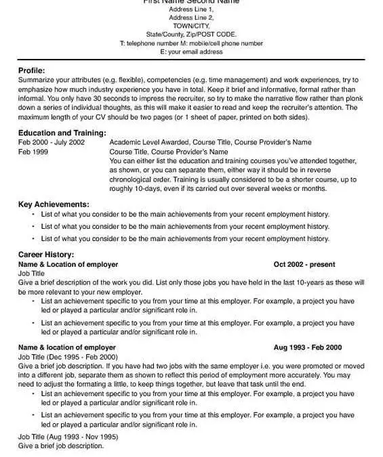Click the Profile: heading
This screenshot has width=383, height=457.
click(x=32, y=70)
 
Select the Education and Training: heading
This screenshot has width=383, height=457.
click(x=62, y=133)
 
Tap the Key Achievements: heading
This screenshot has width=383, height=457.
click(x=54, y=204)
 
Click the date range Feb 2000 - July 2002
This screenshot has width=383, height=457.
click(x=52, y=143)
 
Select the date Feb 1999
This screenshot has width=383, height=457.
click(x=34, y=152)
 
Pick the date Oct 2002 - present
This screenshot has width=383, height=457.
click(x=304, y=264)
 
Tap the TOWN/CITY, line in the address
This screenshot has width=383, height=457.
click(x=191, y=25)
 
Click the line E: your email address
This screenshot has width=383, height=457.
click(x=191, y=51)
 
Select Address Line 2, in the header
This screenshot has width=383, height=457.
click(x=191, y=17)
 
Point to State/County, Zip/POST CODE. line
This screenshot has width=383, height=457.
click(x=191, y=34)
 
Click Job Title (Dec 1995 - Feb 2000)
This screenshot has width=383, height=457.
click(x=68, y=356)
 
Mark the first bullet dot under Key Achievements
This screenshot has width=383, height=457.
click(x=33, y=215)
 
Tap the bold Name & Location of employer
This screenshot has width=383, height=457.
click(x=68, y=264)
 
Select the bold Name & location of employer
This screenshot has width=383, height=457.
click(x=66, y=347)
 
